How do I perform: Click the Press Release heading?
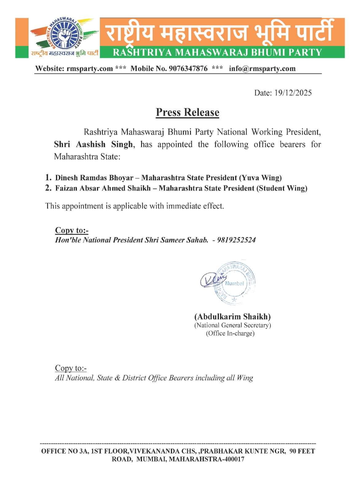[x=188, y=112]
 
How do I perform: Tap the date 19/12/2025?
[x=293, y=93]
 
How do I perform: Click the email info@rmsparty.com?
[x=262, y=69]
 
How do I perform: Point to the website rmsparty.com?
[x=89, y=69]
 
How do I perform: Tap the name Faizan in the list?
[x=66, y=188]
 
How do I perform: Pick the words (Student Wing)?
[x=282, y=188]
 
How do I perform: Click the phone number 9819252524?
[x=236, y=240]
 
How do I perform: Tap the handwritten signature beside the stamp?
[x=212, y=280]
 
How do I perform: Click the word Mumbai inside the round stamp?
[x=235, y=284]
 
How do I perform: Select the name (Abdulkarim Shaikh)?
[x=232, y=317]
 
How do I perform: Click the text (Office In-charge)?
[x=230, y=333]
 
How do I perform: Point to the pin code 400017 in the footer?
[x=234, y=459]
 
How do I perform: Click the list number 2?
[x=48, y=188]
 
